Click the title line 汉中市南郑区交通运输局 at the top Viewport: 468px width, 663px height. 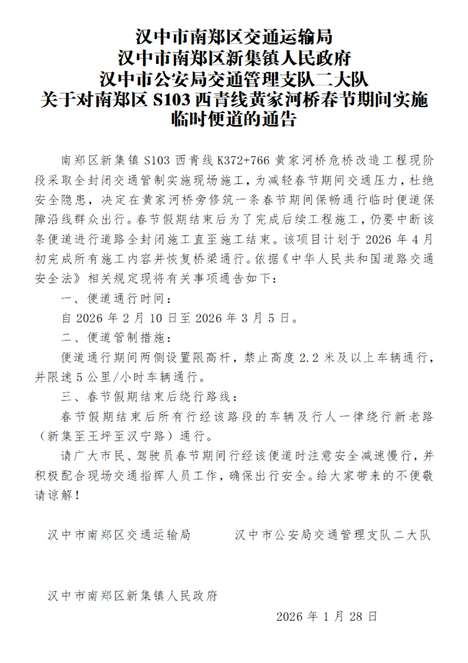(234, 37)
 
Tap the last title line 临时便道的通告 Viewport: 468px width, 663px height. (234, 119)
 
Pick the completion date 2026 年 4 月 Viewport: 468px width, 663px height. (401, 240)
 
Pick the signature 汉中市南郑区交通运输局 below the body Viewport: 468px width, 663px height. (119, 535)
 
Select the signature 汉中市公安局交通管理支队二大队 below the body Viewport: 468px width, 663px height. (333, 535)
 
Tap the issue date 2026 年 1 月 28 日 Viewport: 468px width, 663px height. (326, 616)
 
